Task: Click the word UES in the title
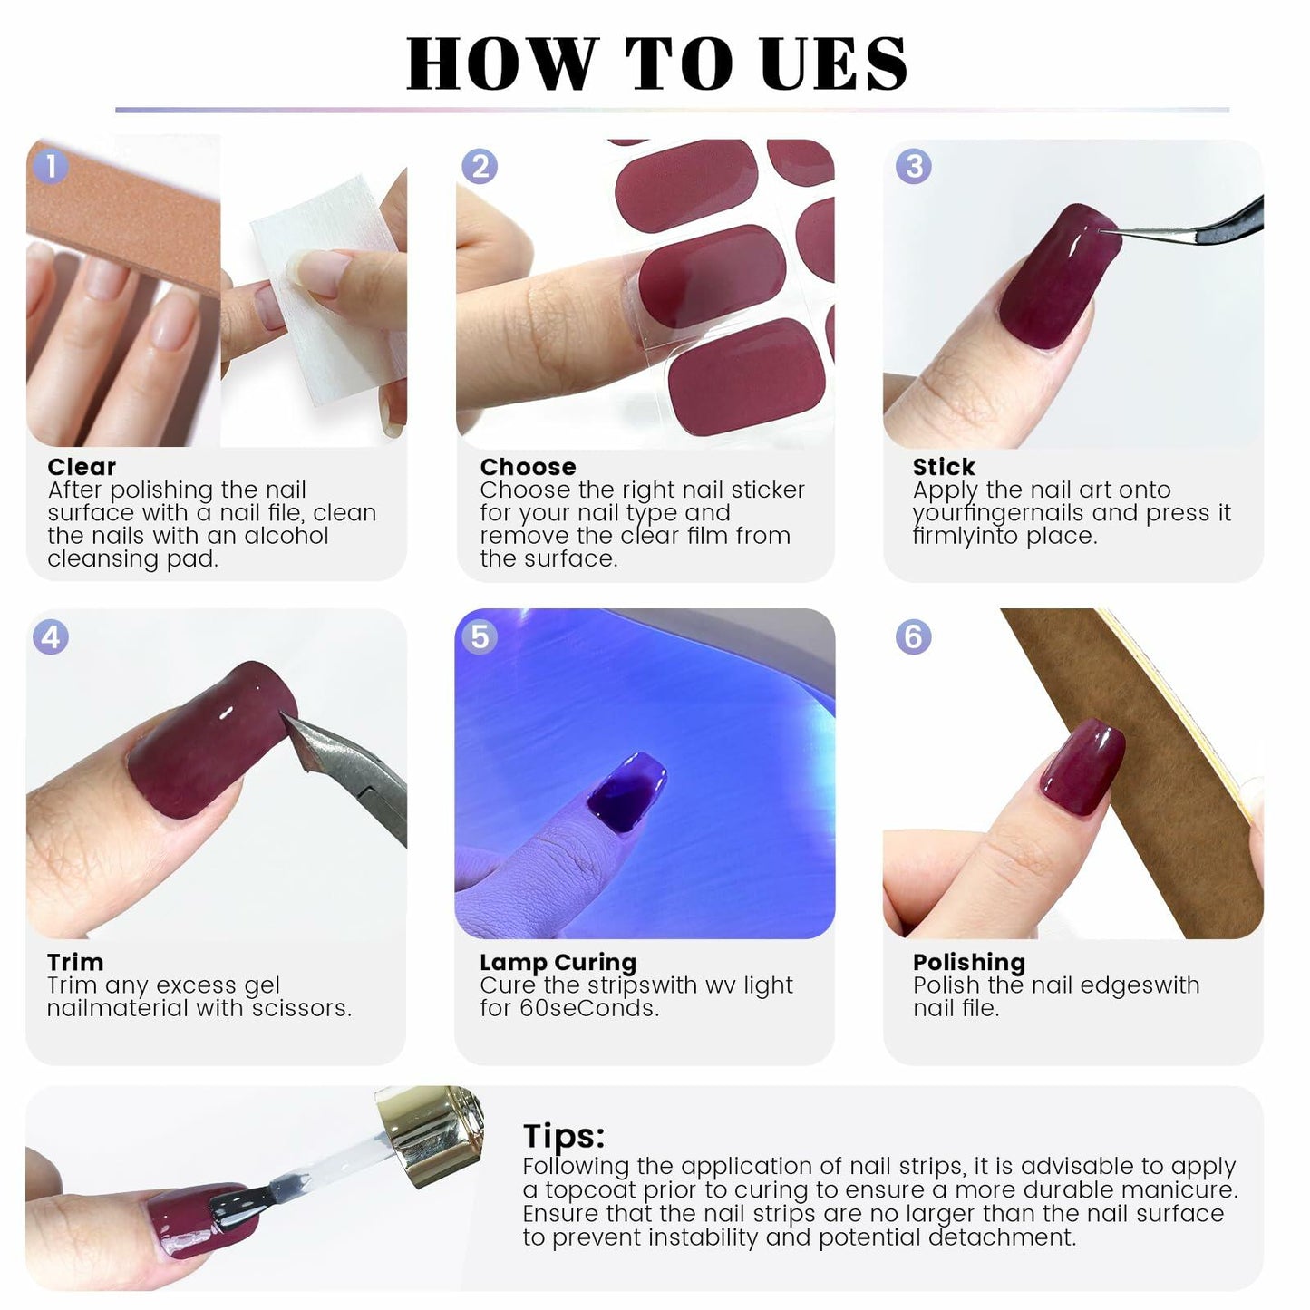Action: pos(833,63)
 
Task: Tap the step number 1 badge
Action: pos(51,166)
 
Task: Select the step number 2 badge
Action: pos(480,166)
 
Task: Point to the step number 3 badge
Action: pos(913,166)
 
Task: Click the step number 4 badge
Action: pos(51,636)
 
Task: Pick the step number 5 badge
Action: pos(480,636)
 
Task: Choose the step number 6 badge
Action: pos(913,636)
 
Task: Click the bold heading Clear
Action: pos(82,467)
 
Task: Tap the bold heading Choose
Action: pos(528,467)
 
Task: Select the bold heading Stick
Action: pos(944,467)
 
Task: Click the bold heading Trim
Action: pos(75,962)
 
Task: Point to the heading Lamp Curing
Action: pos(558,962)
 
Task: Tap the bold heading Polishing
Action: pos(968,962)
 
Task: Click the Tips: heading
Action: pos(563,1136)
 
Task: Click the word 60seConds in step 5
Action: pos(588,1008)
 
